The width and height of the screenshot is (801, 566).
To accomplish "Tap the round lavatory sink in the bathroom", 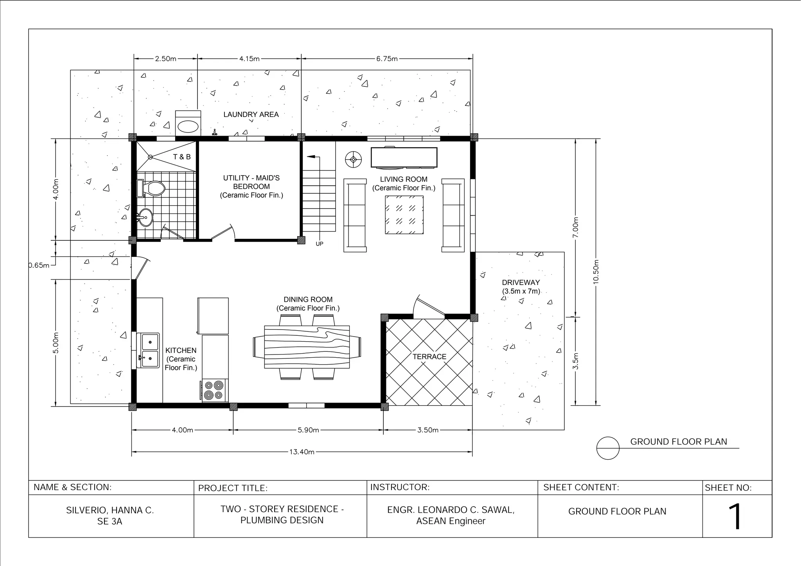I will [x=145, y=217].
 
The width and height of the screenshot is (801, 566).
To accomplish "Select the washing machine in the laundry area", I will [x=188, y=123].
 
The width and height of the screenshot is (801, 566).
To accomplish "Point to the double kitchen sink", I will [x=150, y=350].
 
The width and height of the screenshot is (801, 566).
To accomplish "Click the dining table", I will [x=307, y=347].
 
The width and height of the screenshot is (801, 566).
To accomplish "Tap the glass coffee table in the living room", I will [x=404, y=215].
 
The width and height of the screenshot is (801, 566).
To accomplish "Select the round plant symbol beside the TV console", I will [x=353, y=159].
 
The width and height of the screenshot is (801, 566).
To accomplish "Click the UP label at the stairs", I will [x=320, y=244].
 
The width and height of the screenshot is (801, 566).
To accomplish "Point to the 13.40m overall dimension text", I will [x=302, y=452].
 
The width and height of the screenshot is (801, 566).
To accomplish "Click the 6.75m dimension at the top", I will [x=387, y=59].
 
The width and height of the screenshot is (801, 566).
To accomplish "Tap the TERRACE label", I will [x=429, y=356].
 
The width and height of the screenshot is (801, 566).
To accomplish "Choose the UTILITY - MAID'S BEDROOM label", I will [x=251, y=182].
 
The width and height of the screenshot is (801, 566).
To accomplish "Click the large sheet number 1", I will [x=735, y=516].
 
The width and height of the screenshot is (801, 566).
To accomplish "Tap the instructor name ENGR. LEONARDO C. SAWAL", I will [x=451, y=510].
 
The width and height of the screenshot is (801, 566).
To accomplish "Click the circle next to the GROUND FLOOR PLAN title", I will [x=608, y=448].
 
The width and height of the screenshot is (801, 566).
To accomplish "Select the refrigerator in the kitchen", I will [x=213, y=316].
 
